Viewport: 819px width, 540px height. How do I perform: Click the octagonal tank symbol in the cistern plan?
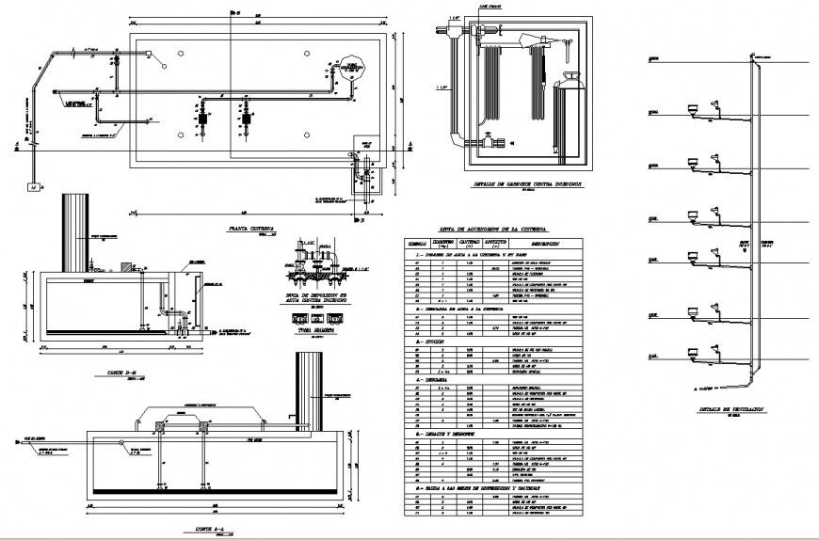click(x=353, y=66)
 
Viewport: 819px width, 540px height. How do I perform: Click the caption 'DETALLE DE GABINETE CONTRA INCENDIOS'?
click(x=515, y=184)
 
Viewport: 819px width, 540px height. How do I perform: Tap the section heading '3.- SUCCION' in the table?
click(x=426, y=342)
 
